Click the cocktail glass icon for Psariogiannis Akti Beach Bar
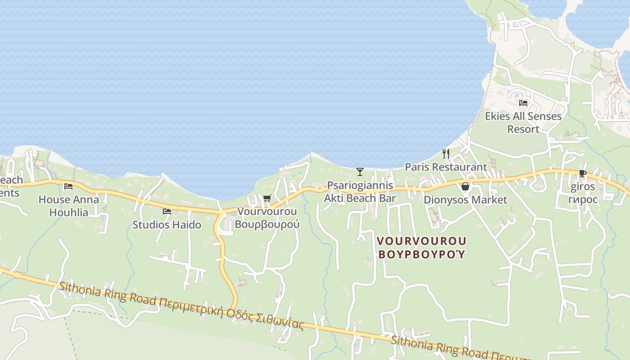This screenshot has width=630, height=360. [360, 171]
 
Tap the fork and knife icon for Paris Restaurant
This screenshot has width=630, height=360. [446, 154]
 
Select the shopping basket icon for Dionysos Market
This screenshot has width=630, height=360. [465, 186]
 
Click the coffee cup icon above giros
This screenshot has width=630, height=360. [582, 174]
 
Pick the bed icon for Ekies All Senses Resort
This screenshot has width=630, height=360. [523, 103]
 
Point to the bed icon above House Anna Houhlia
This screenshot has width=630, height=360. [68, 186]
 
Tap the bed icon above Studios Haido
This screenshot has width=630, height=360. [167, 211]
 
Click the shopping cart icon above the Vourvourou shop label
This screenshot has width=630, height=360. [267, 198]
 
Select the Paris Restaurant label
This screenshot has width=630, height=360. [445, 167]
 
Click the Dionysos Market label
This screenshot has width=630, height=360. [465, 200]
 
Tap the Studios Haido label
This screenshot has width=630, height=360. [166, 225]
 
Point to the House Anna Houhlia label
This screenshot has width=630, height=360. [68, 206]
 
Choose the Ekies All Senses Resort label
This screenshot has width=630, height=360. [523, 122]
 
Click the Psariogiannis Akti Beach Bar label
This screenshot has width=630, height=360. [360, 192]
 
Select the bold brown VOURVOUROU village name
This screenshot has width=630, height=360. [422, 241]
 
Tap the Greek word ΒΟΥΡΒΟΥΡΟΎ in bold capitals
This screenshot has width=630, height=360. [422, 254]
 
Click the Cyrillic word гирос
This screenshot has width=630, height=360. [583, 200]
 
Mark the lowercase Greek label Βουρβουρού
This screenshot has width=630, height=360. [267, 224]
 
